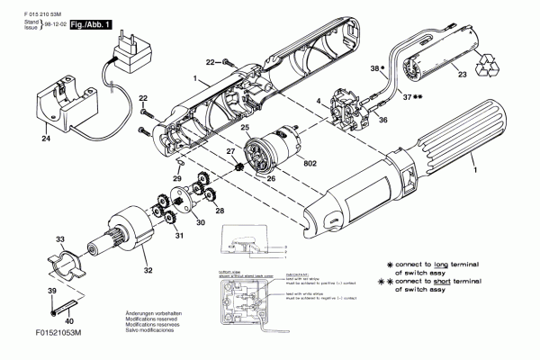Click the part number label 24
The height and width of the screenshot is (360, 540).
46,139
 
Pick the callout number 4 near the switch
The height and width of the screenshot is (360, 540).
318,103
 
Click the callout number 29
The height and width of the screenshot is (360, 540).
177,180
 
